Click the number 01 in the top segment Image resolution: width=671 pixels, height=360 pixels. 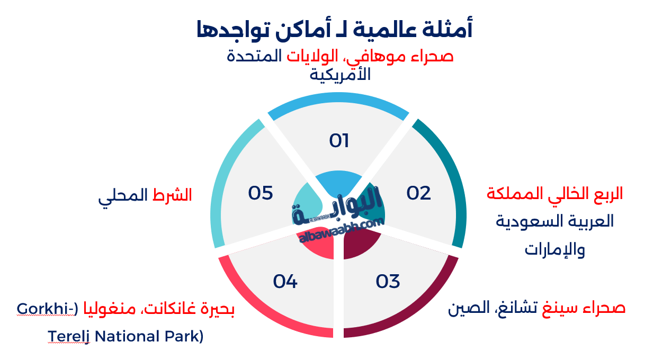339,141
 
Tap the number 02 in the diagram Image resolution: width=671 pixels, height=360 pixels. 418,193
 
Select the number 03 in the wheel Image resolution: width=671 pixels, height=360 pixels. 388,282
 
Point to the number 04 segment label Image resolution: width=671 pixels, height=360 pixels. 285,282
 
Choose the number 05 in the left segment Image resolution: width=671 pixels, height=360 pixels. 261,193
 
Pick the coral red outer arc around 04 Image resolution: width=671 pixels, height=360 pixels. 254,312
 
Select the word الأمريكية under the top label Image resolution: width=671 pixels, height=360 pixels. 340,75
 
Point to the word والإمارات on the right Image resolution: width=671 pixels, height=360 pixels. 555,249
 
